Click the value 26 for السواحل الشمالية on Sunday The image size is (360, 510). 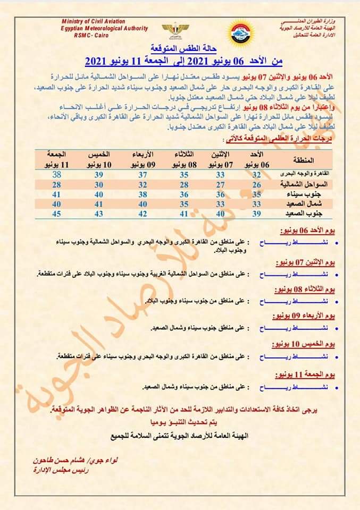coord(256,184)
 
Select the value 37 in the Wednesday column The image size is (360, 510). coord(142,175)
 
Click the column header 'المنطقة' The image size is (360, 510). coord(303,159)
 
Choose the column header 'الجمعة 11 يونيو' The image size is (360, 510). coord(58,159)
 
